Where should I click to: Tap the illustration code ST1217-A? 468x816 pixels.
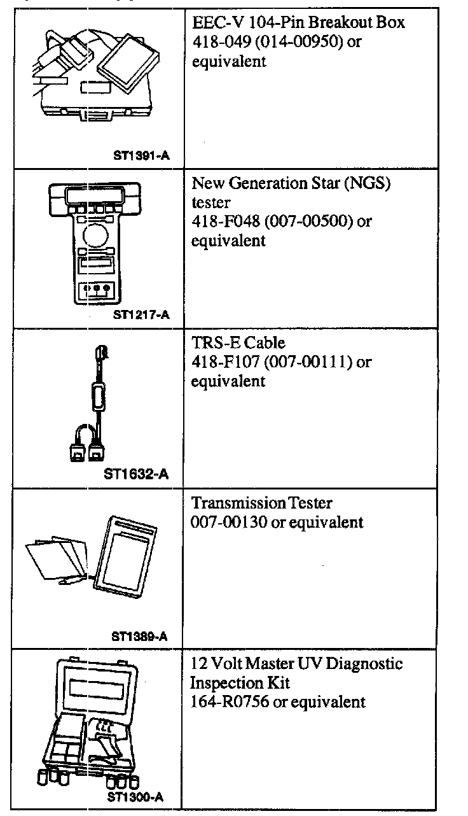tap(141, 314)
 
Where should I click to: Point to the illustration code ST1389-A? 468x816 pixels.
tap(139, 636)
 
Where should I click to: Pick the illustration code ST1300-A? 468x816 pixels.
tap(135, 796)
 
